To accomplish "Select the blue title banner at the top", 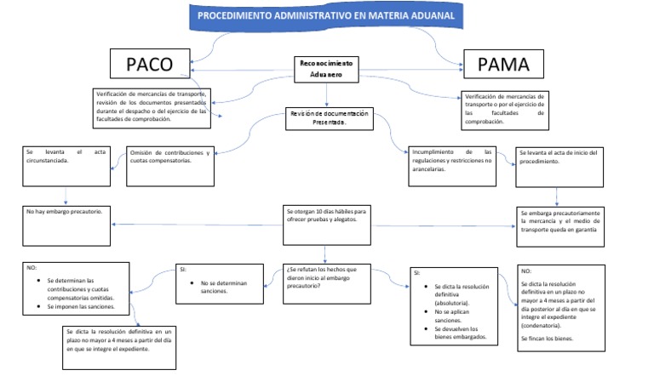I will coord(326,16).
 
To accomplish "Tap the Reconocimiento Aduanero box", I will coord(326,70).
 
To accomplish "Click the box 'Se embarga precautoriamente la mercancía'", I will coord(559,220).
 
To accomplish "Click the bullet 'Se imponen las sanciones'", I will coord(88,306).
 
